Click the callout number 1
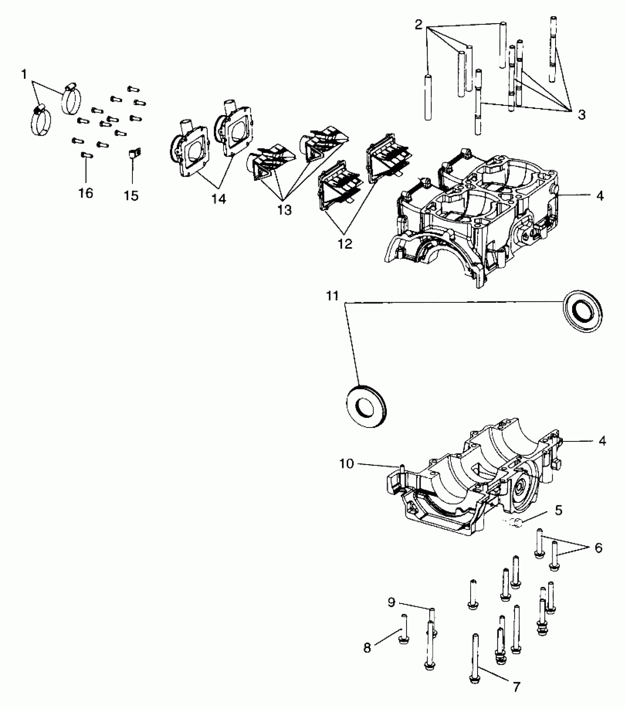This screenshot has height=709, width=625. pos(24,75)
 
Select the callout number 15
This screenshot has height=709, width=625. pos(131,195)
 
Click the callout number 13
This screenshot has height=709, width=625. pos(285,210)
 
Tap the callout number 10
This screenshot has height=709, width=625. pos(346,464)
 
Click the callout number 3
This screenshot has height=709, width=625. pos(581,115)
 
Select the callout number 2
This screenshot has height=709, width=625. pos(418,25)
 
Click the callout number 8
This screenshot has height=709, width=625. pos(367,648)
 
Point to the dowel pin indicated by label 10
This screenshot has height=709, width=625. pos(401,469)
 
